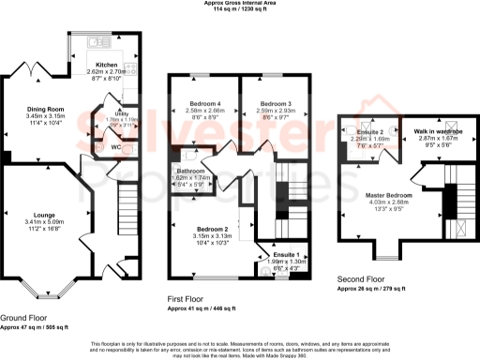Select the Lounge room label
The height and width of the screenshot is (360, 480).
[x=38, y=214]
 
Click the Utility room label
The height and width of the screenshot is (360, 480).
[x=121, y=112]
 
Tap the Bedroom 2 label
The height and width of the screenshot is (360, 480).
[x=214, y=229]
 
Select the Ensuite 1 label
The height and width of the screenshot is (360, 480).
[x=285, y=255]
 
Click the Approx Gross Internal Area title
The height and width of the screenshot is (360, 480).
[x=239, y=4]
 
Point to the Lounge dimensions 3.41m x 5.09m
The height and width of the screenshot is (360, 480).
[x=39, y=221]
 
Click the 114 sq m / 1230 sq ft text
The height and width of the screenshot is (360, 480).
[x=239, y=10]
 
